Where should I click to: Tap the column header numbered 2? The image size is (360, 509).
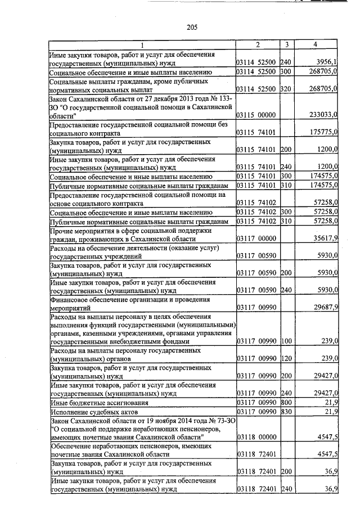(x=258, y=44)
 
